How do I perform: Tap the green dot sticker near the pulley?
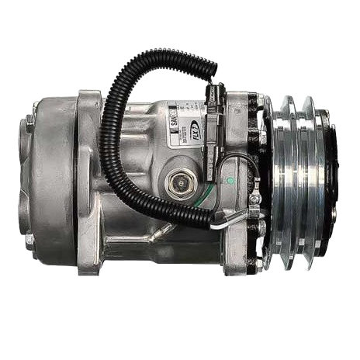229,180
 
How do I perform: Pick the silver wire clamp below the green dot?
254,206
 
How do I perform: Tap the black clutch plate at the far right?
329,182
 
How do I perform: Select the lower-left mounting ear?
89,260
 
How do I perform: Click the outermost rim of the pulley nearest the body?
274,182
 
